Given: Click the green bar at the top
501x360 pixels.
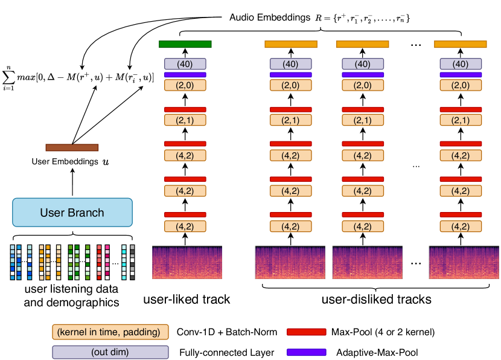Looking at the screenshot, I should (x=185, y=44).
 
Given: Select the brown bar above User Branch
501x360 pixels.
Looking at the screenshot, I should (x=72, y=147).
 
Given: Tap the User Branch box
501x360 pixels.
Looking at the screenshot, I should (x=72, y=213).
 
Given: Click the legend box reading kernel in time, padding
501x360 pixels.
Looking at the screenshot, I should (x=110, y=332).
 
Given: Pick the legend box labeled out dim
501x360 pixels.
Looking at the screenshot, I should (x=110, y=352).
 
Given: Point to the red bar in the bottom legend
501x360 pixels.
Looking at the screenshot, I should (x=306, y=332).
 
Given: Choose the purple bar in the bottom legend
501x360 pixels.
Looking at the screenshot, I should (x=306, y=352).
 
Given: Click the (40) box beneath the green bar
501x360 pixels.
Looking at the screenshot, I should (x=185, y=64).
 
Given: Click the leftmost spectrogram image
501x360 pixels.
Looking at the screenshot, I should (x=187, y=262).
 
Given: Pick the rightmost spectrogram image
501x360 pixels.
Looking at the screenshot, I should (x=464, y=262).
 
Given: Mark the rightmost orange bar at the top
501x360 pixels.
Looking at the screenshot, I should (x=460, y=44).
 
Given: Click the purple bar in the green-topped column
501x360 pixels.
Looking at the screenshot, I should (x=185, y=75).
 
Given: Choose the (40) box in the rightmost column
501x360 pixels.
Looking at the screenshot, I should (x=461, y=64).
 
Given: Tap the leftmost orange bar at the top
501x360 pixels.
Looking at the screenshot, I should (x=290, y=44).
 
